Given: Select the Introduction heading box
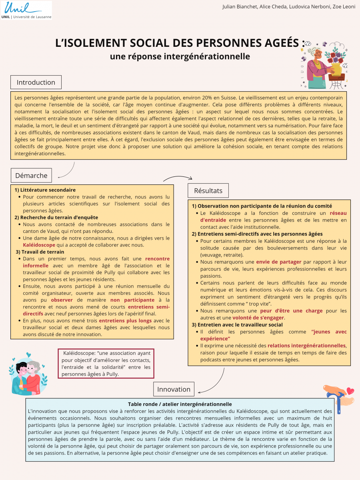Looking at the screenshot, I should tap(36, 82).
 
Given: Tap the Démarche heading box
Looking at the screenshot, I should tap(31, 175).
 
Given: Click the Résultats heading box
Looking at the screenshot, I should tap(208, 190).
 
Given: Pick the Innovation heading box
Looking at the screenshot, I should tap(174, 389).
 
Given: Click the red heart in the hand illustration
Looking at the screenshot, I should tap(350, 390).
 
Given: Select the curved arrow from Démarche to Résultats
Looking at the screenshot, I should tap(178, 178).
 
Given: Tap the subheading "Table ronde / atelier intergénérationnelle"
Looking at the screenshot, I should tap(180, 404).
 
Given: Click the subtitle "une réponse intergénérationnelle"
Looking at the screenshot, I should tap(180, 56).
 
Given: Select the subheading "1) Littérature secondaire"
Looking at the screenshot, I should tap(45, 190).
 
